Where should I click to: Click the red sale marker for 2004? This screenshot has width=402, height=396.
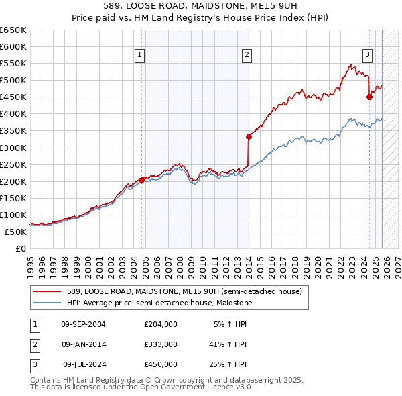[x=141, y=180]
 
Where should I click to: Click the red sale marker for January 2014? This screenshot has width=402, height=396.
[x=249, y=136]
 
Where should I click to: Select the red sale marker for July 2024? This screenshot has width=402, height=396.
[x=369, y=97]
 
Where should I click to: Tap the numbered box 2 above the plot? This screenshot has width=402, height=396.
[x=247, y=56]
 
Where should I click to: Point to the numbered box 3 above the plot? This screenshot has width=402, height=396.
[x=368, y=56]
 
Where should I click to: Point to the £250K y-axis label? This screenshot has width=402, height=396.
[x=13, y=164]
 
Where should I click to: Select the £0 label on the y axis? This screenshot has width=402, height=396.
[x=20, y=248]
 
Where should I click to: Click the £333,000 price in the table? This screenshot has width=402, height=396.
[x=160, y=344]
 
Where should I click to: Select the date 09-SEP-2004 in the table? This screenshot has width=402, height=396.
[x=83, y=324]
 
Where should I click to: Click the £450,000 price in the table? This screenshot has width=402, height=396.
[x=160, y=364]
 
